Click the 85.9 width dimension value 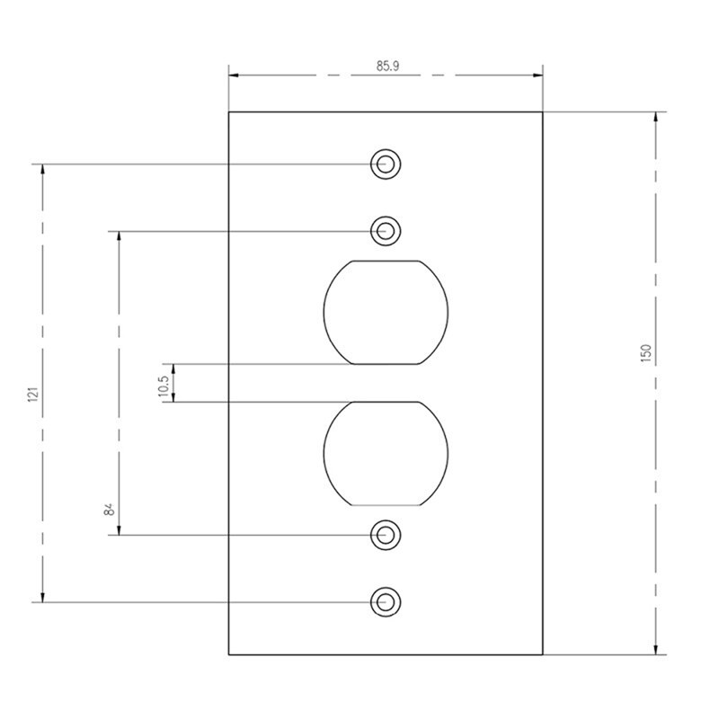tap(387, 66)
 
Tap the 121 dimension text tap(33, 392)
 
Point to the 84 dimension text tap(109, 510)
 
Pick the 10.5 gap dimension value tap(164, 384)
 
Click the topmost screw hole tap(386, 164)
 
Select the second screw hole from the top tap(386, 231)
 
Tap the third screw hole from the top tap(386, 535)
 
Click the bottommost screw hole tap(386, 601)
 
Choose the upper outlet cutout tap(386, 313)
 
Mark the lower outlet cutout tap(386, 454)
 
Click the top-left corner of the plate tap(229, 111)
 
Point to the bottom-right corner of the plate tap(543, 655)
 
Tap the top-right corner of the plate tap(543, 111)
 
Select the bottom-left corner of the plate tap(229, 655)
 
